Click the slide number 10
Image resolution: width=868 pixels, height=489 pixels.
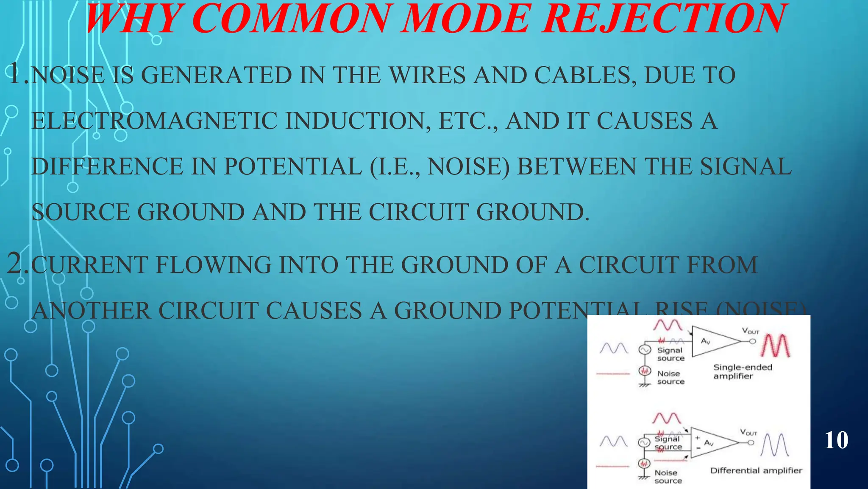(x=836, y=440)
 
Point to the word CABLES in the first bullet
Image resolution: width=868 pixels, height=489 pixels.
(x=585, y=76)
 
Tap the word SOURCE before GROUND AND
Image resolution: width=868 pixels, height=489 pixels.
(x=81, y=212)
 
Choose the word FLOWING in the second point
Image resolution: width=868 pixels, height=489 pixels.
(x=214, y=265)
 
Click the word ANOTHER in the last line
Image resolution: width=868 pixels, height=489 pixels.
(x=91, y=310)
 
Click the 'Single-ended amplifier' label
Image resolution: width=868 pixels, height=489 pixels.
(x=742, y=371)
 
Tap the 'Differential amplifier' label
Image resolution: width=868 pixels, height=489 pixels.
(x=756, y=470)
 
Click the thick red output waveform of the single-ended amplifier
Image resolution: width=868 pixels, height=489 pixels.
(x=776, y=346)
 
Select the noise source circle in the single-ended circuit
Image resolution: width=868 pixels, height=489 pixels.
(x=645, y=371)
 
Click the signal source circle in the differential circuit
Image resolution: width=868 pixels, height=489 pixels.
(x=644, y=443)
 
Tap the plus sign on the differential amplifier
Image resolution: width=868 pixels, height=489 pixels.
(x=697, y=438)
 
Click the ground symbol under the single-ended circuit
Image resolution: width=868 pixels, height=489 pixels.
(x=644, y=385)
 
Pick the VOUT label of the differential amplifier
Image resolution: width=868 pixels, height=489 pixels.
(x=748, y=433)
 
